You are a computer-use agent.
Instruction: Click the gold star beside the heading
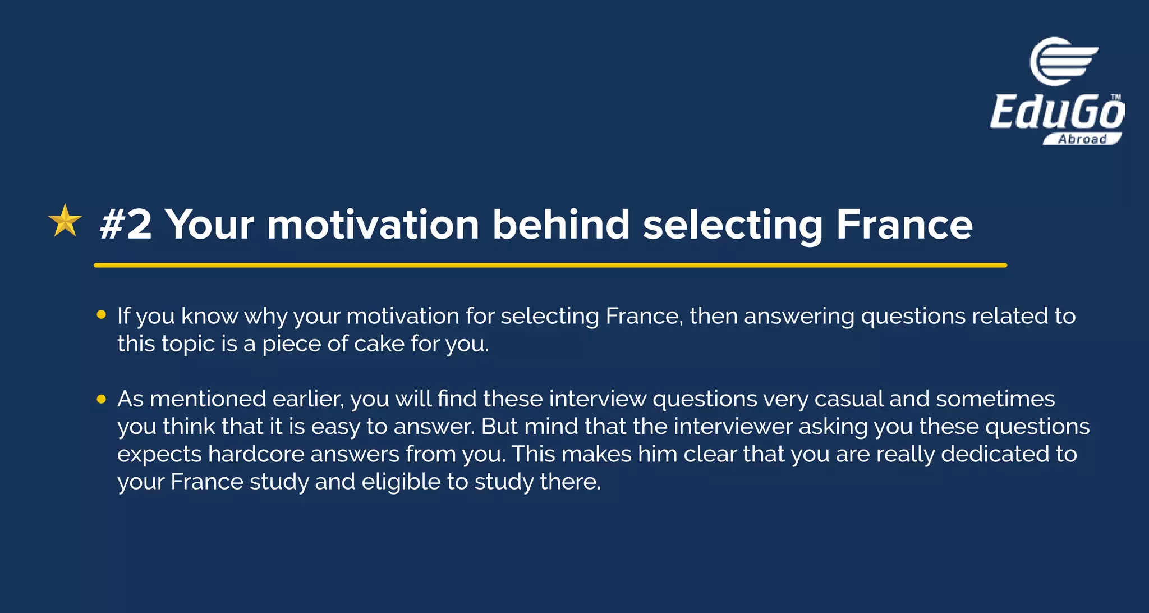(65, 221)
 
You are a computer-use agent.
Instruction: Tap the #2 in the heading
(126, 225)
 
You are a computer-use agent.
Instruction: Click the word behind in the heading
(560, 225)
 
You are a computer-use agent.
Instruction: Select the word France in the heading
(904, 225)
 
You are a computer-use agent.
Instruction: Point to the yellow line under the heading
(550, 265)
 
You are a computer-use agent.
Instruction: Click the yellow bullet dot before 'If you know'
(102, 315)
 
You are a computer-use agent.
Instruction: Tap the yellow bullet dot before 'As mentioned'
(102, 399)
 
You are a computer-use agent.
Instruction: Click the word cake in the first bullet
(379, 344)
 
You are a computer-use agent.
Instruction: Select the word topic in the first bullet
(188, 344)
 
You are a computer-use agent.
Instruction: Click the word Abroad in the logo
(1082, 139)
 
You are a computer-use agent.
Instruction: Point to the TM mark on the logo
(1115, 97)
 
